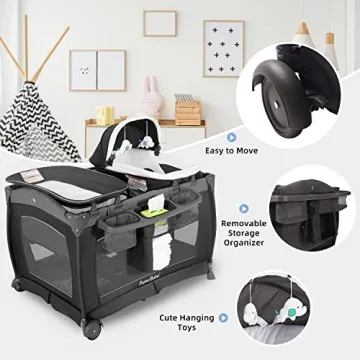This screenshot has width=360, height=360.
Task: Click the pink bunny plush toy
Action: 151,97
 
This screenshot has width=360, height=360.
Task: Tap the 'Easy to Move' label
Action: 231,151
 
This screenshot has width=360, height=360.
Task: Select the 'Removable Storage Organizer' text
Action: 244,233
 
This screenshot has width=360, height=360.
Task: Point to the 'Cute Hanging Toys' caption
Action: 187,322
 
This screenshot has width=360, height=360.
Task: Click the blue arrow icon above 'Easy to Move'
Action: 231,137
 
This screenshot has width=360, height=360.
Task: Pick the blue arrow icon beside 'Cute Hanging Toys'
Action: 223,318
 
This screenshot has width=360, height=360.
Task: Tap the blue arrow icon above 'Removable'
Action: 244,209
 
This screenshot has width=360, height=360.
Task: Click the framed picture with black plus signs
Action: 224,49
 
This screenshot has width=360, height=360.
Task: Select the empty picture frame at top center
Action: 160,23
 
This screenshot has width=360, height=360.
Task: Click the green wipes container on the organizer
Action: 154,213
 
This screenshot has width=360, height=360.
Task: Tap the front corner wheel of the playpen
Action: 91,329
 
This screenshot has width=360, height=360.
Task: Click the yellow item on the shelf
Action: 105,116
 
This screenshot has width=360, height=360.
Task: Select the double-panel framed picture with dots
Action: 98,70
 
